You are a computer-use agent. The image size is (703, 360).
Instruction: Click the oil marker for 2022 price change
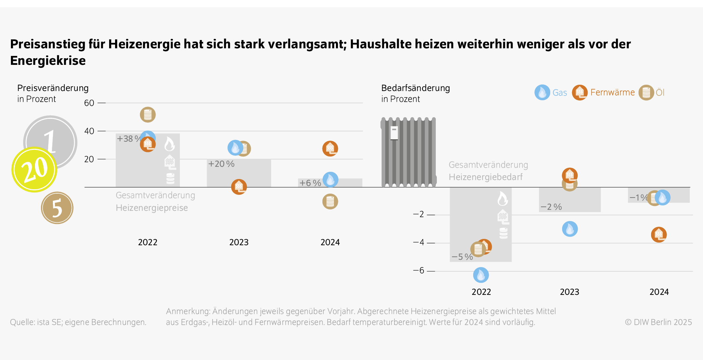[147, 115]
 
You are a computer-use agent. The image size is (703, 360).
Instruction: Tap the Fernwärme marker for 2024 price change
[330, 149]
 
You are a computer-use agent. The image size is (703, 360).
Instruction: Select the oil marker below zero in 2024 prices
[330, 202]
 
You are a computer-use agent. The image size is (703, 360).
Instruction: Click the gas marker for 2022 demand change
[481, 275]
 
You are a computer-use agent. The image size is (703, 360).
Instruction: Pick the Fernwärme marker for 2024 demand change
[659, 235]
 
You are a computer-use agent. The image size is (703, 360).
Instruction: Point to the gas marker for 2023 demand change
[570, 229]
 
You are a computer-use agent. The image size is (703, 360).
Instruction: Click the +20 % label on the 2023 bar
[221, 164]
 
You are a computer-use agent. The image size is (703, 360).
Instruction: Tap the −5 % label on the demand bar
[462, 257]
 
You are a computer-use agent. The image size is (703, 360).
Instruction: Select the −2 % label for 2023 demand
[551, 207]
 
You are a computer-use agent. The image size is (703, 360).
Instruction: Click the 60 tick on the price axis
[89, 103]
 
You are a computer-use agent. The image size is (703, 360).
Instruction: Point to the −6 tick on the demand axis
[419, 270]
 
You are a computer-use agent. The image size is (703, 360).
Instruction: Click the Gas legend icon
[542, 92]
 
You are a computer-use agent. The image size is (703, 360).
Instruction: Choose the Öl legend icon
[646, 92]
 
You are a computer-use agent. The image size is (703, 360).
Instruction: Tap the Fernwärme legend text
[612, 92]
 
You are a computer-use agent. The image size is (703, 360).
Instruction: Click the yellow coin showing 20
[34, 169]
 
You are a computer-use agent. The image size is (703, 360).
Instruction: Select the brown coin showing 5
[57, 208]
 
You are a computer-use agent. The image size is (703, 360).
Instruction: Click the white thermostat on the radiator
[394, 133]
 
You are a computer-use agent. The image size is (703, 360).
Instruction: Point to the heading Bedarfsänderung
[415, 88]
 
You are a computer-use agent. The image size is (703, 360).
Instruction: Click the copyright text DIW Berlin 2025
[658, 322]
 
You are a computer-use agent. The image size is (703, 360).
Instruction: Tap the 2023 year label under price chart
[239, 242]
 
